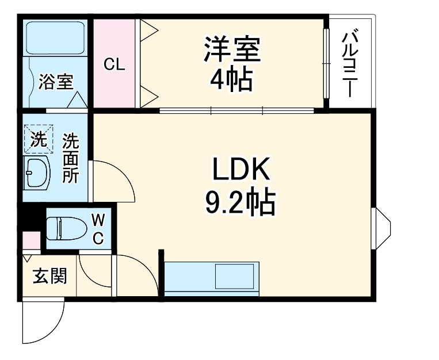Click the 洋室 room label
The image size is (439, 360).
point(232,49)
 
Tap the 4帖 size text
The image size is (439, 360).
point(231,79)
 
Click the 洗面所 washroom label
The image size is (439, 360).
point(70,158)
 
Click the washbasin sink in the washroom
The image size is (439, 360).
point(38,173)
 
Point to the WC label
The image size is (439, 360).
point(98,228)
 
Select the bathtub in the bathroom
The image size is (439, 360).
point(55,38)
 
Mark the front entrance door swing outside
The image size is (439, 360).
point(42,322)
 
